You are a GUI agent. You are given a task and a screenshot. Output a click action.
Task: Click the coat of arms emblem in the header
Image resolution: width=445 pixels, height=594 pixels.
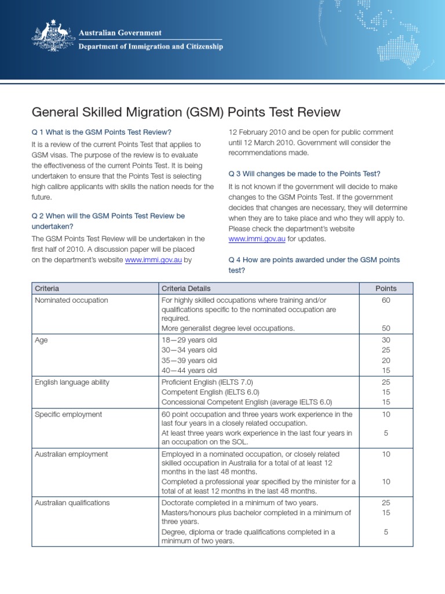click(53, 39)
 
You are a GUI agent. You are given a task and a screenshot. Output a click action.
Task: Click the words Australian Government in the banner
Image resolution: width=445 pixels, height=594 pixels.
click(120, 33)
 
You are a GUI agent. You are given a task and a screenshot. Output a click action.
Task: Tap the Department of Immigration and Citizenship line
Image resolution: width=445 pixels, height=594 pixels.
click(151, 46)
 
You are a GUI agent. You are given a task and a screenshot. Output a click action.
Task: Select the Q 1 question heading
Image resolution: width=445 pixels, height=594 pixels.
click(102, 132)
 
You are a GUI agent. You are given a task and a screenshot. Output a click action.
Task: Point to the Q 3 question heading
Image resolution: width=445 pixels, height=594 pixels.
click(304, 173)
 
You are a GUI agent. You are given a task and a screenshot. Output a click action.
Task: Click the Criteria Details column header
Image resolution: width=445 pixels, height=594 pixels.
click(186, 288)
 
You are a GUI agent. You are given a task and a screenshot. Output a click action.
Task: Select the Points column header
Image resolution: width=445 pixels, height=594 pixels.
click(386, 288)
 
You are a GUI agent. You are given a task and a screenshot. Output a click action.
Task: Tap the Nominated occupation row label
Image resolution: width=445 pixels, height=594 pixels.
click(71, 300)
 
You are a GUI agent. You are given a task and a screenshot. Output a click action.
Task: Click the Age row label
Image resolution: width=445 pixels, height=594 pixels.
click(41, 341)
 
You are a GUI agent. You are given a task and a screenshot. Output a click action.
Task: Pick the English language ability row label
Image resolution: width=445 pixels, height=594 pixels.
click(72, 382)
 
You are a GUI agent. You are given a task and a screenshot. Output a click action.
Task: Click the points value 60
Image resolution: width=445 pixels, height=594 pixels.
click(386, 300)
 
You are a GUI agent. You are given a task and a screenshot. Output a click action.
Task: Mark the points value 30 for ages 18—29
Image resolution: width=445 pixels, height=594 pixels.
click(386, 341)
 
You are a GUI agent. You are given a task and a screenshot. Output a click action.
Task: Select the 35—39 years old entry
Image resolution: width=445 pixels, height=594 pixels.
click(189, 360)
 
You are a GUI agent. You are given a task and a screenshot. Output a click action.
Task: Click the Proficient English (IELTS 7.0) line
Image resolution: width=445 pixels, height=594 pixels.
click(207, 382)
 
